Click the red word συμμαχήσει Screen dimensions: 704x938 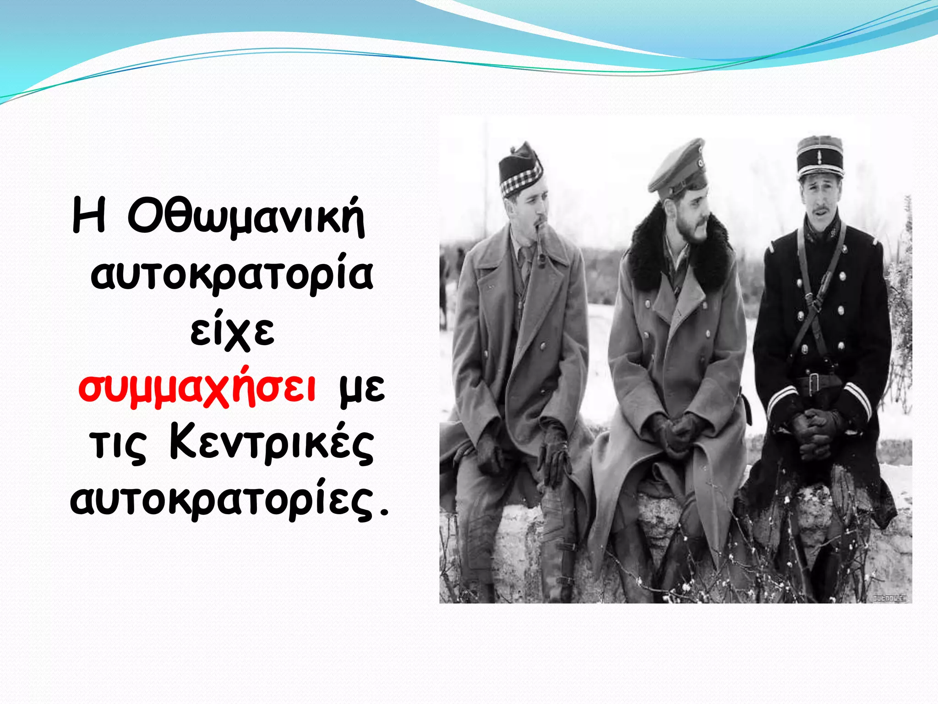click(x=197, y=389)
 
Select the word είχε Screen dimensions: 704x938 click(x=232, y=331)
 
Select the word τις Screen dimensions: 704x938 click(x=118, y=447)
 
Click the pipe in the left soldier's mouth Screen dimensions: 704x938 click(x=541, y=250)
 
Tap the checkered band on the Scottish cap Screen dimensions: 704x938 click(x=521, y=180)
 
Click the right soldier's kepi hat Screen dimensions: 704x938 click(x=819, y=158)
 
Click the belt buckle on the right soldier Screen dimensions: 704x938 click(x=813, y=383)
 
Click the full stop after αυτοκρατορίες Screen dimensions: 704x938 click(x=384, y=512)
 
